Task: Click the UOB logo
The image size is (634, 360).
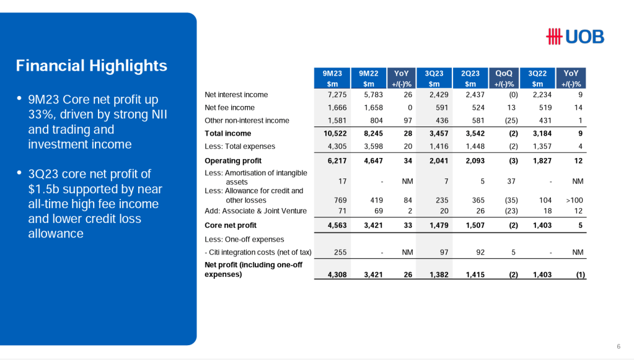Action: (575, 37)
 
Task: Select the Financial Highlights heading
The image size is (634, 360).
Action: (92, 66)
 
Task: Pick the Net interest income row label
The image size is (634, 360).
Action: (236, 95)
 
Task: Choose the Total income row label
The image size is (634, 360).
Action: (228, 133)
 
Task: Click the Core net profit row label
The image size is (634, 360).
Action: (231, 225)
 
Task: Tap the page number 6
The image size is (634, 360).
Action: (619, 346)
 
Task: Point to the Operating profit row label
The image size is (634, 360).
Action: (233, 160)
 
